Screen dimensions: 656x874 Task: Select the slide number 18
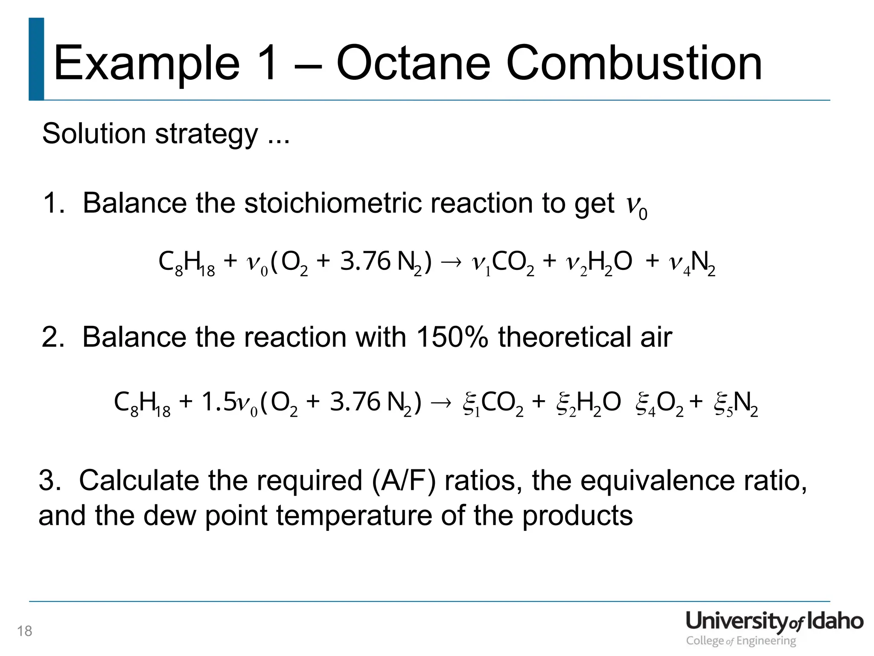(x=25, y=631)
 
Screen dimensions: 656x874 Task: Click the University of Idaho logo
(x=774, y=627)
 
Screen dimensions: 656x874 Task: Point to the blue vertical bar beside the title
(x=37, y=59)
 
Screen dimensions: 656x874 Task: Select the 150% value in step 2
(x=452, y=337)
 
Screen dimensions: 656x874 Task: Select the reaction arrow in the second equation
(x=441, y=402)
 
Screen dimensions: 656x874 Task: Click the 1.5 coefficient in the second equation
(x=218, y=402)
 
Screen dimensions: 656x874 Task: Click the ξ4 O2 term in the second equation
(x=659, y=403)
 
